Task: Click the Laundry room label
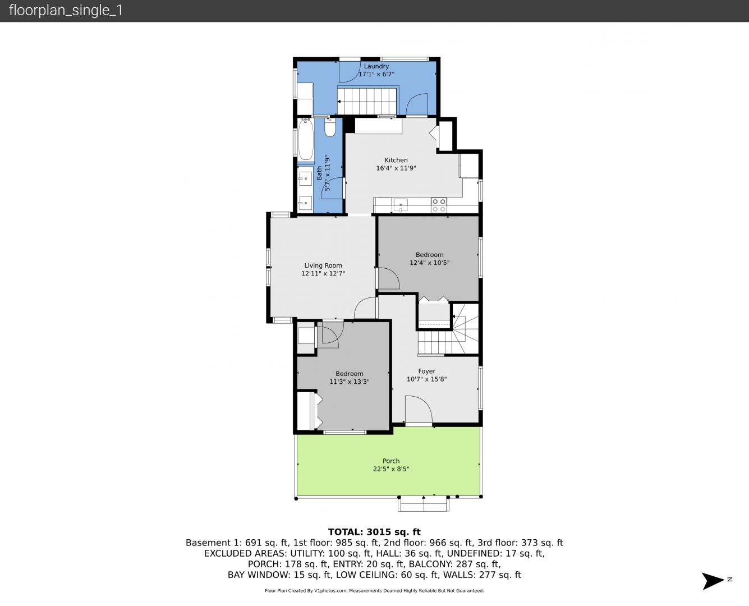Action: [376, 66]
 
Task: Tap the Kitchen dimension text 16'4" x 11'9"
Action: [396, 168]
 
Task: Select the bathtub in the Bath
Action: [306, 140]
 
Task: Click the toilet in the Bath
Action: [330, 128]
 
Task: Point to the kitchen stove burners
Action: [439, 205]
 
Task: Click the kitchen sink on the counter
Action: [401, 204]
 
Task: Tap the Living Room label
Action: [323, 266]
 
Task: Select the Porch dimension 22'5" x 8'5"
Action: [391, 469]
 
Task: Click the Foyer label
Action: [426, 371]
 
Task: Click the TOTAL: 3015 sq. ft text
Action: [374, 532]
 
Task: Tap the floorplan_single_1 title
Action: [66, 11]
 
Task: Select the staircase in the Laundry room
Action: [367, 101]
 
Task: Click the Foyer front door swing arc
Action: [419, 408]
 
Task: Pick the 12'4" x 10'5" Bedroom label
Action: [429, 255]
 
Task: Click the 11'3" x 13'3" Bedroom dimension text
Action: [349, 382]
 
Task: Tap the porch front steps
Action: [424, 504]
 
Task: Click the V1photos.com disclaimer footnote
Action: [374, 591]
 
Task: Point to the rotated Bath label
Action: [320, 172]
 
